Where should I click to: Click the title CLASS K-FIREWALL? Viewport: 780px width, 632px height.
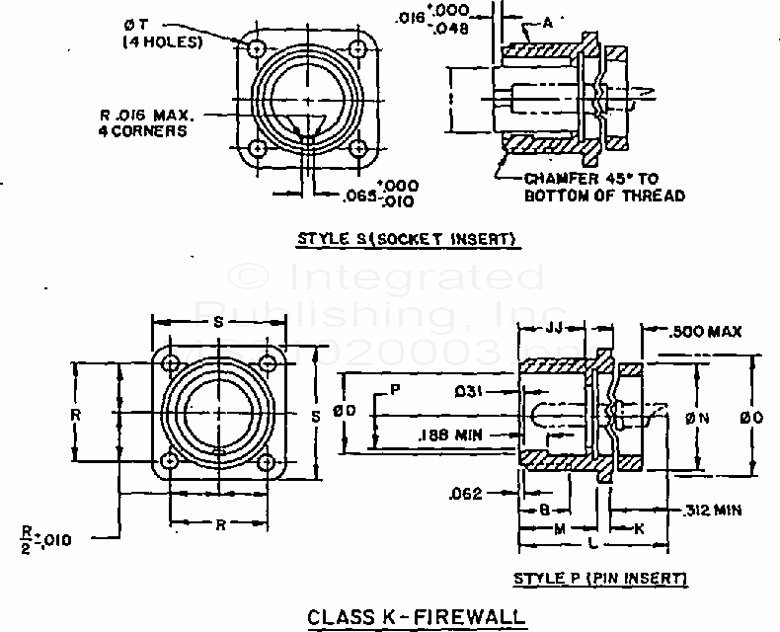coord(416,617)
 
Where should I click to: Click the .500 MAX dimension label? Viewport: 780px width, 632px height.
coord(705,331)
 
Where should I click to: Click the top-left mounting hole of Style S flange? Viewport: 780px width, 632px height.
coord(258,46)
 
